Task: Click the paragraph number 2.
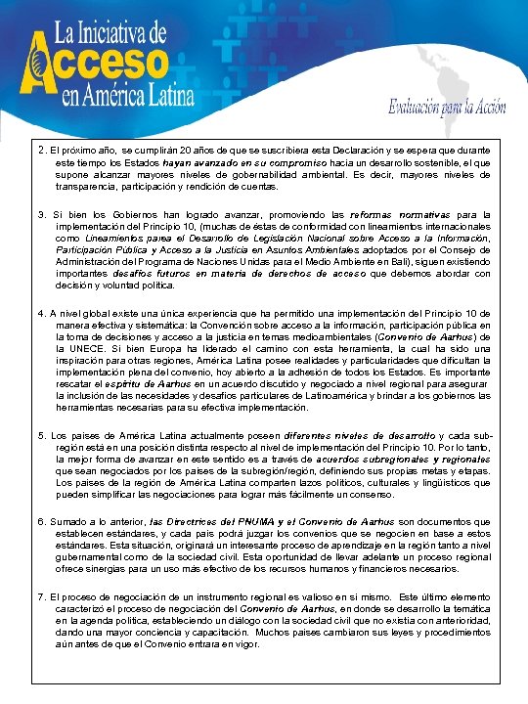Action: (40, 150)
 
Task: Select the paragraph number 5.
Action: (40, 434)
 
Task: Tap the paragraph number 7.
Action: (40, 595)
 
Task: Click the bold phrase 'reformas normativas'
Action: (409, 213)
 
